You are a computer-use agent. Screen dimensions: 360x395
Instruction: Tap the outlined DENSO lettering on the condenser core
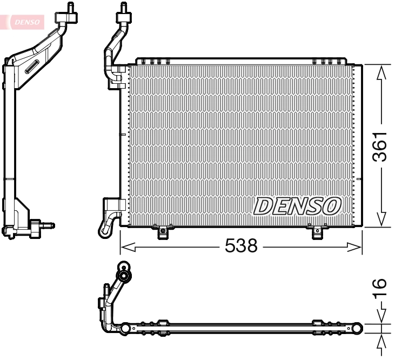tap(298, 205)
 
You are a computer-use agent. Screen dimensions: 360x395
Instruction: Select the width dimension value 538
tap(240, 246)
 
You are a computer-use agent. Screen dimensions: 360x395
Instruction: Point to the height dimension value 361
tap(381, 146)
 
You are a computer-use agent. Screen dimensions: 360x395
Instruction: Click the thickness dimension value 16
tap(380, 288)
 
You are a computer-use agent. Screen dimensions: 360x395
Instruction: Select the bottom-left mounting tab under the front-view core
tap(163, 232)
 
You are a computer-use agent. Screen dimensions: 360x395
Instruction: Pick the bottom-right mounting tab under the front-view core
tap(317, 232)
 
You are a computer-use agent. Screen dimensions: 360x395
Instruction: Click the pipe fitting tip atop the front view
tap(123, 8)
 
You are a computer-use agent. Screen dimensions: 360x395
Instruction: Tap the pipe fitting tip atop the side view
tap(71, 7)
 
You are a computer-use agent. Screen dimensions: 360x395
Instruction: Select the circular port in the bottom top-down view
tap(126, 277)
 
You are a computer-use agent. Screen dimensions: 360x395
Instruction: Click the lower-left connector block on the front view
tap(115, 205)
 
